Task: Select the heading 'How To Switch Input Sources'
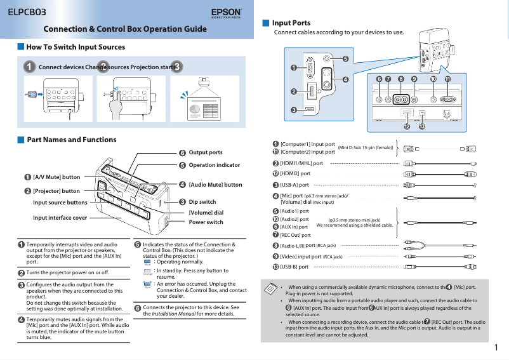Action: [x=76, y=47]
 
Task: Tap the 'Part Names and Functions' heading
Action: [x=72, y=140]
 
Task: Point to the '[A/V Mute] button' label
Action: [x=56, y=177]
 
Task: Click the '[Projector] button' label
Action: [x=56, y=190]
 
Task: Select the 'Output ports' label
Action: [x=206, y=152]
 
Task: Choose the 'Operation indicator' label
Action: [x=215, y=165]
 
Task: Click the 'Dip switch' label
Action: [x=202, y=202]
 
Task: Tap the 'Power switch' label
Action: [x=206, y=222]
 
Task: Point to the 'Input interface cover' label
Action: [x=60, y=217]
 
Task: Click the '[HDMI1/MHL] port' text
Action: [x=301, y=163]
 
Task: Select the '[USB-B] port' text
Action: [x=294, y=267]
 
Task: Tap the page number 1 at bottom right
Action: [x=496, y=347]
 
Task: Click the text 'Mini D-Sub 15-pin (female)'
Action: [x=366, y=148]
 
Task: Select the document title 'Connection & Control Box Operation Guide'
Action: [x=125, y=29]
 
